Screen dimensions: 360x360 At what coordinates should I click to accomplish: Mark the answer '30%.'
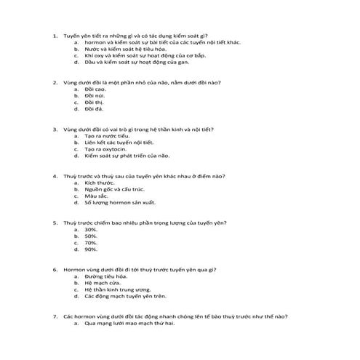(91, 229)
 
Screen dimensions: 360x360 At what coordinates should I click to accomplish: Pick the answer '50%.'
(91, 236)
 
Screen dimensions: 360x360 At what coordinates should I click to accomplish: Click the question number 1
(56, 35)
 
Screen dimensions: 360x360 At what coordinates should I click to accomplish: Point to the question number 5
(56, 222)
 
